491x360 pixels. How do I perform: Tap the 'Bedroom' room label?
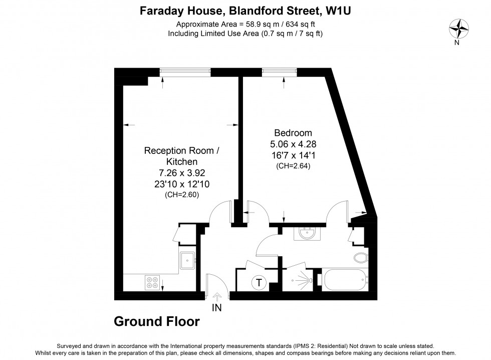point(293,133)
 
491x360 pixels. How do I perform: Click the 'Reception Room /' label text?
point(181,151)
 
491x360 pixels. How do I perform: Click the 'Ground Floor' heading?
point(157,321)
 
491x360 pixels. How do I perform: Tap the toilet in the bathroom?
point(360,258)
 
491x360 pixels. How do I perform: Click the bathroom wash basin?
point(305,234)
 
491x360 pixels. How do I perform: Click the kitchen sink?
point(188,259)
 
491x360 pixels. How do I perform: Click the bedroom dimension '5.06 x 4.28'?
point(293,144)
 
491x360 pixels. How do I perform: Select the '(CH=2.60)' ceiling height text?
point(181,195)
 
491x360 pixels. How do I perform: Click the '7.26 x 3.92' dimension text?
point(181,173)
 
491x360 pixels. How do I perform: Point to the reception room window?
point(185,72)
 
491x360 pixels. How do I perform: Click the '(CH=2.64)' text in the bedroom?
point(293,166)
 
